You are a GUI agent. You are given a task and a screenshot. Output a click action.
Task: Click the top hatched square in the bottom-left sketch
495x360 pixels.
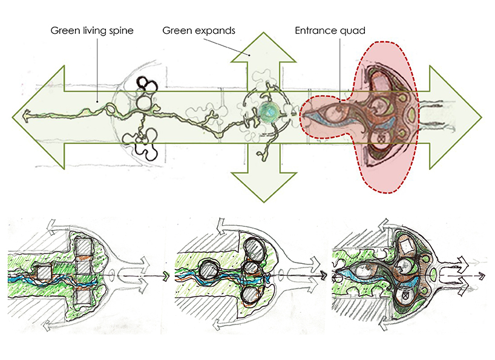point(85,247)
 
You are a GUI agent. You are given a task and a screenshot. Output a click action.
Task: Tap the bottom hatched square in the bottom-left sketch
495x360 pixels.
point(84,296)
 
